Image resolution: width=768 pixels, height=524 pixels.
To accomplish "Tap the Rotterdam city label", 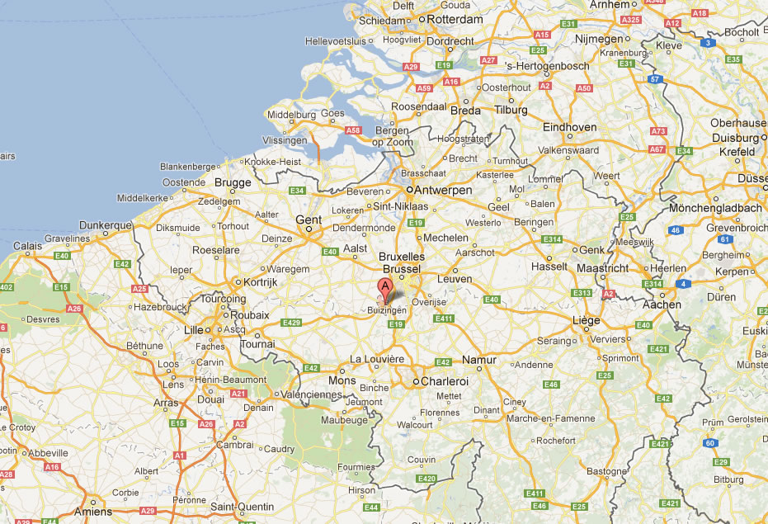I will [450, 19].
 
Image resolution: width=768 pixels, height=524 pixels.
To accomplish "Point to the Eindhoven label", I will [569, 127].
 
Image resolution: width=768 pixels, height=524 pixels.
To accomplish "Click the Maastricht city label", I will [601, 269].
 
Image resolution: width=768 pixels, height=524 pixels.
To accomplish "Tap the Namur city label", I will [478, 360].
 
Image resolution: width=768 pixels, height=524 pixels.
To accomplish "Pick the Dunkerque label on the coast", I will [106, 224].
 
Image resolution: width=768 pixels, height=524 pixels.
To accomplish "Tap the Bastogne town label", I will [606, 471].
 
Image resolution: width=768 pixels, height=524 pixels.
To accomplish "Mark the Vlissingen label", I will [284, 140].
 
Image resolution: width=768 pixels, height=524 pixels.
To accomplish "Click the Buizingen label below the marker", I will [387, 311].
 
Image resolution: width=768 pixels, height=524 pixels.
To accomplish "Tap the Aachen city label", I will [662, 304].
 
